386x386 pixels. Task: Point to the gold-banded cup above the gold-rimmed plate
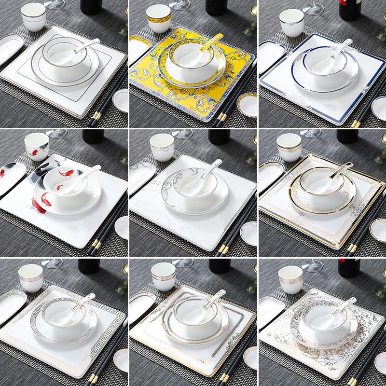(289, 146)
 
